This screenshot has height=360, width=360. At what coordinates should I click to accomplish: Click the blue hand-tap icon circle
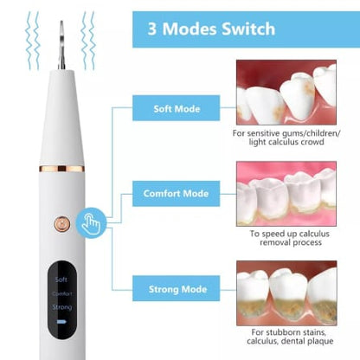(x=88, y=222)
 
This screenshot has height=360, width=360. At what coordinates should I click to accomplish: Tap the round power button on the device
(x=62, y=222)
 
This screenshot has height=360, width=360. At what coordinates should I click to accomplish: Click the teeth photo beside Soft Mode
(x=286, y=93)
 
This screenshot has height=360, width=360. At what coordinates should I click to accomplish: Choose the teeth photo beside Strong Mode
(x=286, y=292)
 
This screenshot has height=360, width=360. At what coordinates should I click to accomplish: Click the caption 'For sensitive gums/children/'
(x=286, y=133)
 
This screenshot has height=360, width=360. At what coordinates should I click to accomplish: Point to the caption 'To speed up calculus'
(x=286, y=234)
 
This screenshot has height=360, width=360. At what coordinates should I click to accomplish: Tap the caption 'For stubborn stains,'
(x=286, y=332)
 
